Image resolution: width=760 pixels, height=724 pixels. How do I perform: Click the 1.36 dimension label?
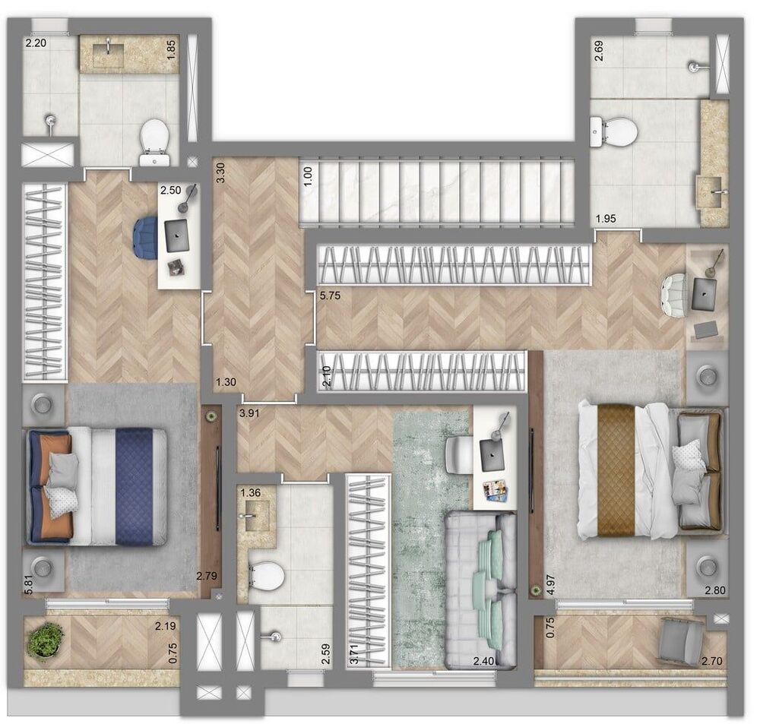click(x=250, y=493)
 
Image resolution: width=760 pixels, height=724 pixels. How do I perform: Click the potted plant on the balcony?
click(x=45, y=641)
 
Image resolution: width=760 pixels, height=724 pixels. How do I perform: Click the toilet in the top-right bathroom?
click(x=615, y=131)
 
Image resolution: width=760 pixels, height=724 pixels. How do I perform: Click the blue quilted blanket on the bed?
click(x=134, y=487)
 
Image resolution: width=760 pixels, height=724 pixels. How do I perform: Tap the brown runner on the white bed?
click(x=616, y=469)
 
